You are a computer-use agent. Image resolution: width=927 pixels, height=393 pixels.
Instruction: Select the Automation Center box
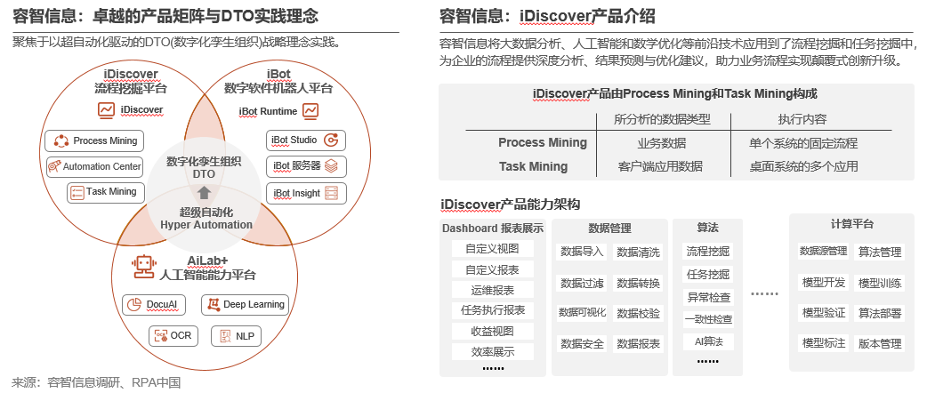click(94, 166)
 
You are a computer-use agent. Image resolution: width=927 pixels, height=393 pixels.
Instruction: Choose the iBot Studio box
click(305, 140)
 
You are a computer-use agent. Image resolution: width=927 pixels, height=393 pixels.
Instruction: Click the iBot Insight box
click(305, 193)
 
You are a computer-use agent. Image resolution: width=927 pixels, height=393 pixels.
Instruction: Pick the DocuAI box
click(155, 304)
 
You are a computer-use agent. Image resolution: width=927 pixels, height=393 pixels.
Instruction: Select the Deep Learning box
click(245, 304)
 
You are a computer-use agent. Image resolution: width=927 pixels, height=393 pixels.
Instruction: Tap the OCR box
click(173, 335)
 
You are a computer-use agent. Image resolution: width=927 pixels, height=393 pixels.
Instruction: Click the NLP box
click(236, 335)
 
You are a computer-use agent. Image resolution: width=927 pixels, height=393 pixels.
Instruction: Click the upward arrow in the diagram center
click(204, 192)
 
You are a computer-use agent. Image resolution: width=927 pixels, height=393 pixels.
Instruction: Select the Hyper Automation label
click(206, 225)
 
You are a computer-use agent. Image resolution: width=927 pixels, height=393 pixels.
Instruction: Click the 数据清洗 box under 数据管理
click(639, 253)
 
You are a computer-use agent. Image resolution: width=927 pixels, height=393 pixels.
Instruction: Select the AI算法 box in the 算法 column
click(708, 341)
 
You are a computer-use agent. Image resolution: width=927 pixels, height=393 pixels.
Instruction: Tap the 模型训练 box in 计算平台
click(880, 284)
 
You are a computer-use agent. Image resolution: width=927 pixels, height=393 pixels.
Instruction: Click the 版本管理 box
click(880, 343)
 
